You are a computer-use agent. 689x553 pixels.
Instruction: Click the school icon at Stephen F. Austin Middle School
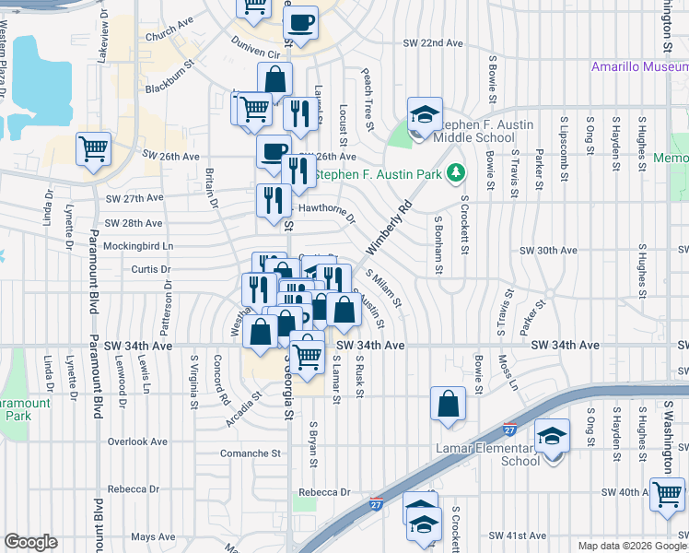pyautogui.click(x=426, y=115)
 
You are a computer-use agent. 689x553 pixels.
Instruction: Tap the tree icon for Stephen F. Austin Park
pyautogui.click(x=455, y=172)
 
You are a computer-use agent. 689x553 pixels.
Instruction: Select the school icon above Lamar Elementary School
pyautogui.click(x=553, y=437)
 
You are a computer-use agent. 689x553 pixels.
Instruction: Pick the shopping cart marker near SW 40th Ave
pyautogui.click(x=667, y=494)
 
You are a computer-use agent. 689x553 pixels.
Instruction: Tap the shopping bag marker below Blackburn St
pyautogui.click(x=275, y=79)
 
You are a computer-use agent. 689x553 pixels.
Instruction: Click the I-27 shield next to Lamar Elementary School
pyautogui.click(x=510, y=429)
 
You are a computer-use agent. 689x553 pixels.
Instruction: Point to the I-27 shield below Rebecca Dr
pyautogui.click(x=376, y=504)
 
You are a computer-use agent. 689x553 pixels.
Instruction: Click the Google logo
pyautogui.click(x=31, y=542)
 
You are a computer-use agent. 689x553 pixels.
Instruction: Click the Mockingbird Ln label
pyautogui.click(x=138, y=247)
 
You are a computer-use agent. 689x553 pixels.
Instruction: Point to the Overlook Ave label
pyautogui.click(x=137, y=441)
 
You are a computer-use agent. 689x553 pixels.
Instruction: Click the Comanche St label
pyautogui.click(x=251, y=453)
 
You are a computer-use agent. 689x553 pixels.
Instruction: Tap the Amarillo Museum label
pyautogui.click(x=639, y=67)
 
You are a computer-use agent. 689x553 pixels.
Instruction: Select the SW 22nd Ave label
pyautogui.click(x=433, y=43)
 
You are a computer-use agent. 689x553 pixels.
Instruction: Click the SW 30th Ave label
pyautogui.click(x=548, y=250)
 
